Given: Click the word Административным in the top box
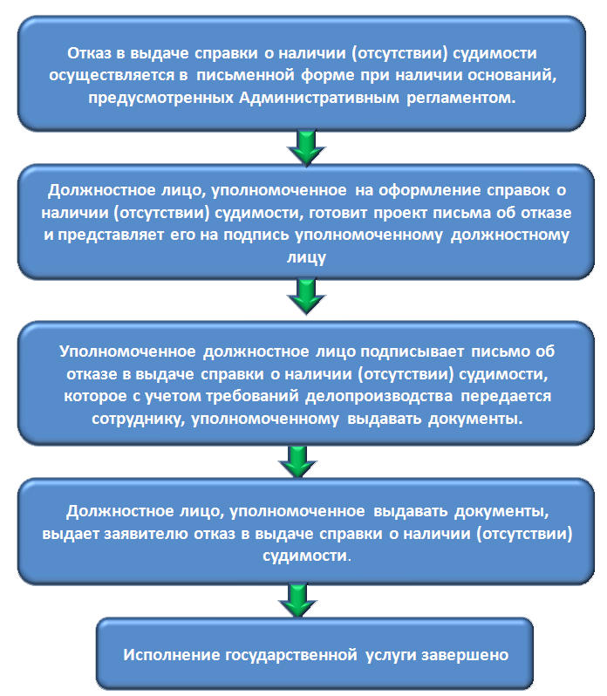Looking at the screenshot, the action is tap(319, 97).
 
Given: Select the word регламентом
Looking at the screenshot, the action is tap(461, 98).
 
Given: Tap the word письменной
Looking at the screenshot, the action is tap(245, 75).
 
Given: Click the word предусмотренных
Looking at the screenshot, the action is tap(160, 98).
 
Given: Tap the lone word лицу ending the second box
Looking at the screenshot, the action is tap(307, 257).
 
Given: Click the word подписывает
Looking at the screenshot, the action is tap(413, 351).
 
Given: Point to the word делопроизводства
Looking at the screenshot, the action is tap(379, 396).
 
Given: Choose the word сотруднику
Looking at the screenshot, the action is tap(139, 419).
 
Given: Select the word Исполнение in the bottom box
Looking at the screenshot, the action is tap(171, 655).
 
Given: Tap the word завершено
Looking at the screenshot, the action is tap(465, 655).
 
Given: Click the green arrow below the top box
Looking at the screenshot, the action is tap(307, 147).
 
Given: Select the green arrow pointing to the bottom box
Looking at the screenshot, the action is tap(297, 601).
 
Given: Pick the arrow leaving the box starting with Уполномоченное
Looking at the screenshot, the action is tap(297, 461).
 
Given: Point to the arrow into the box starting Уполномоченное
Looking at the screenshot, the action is tap(307, 297).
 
